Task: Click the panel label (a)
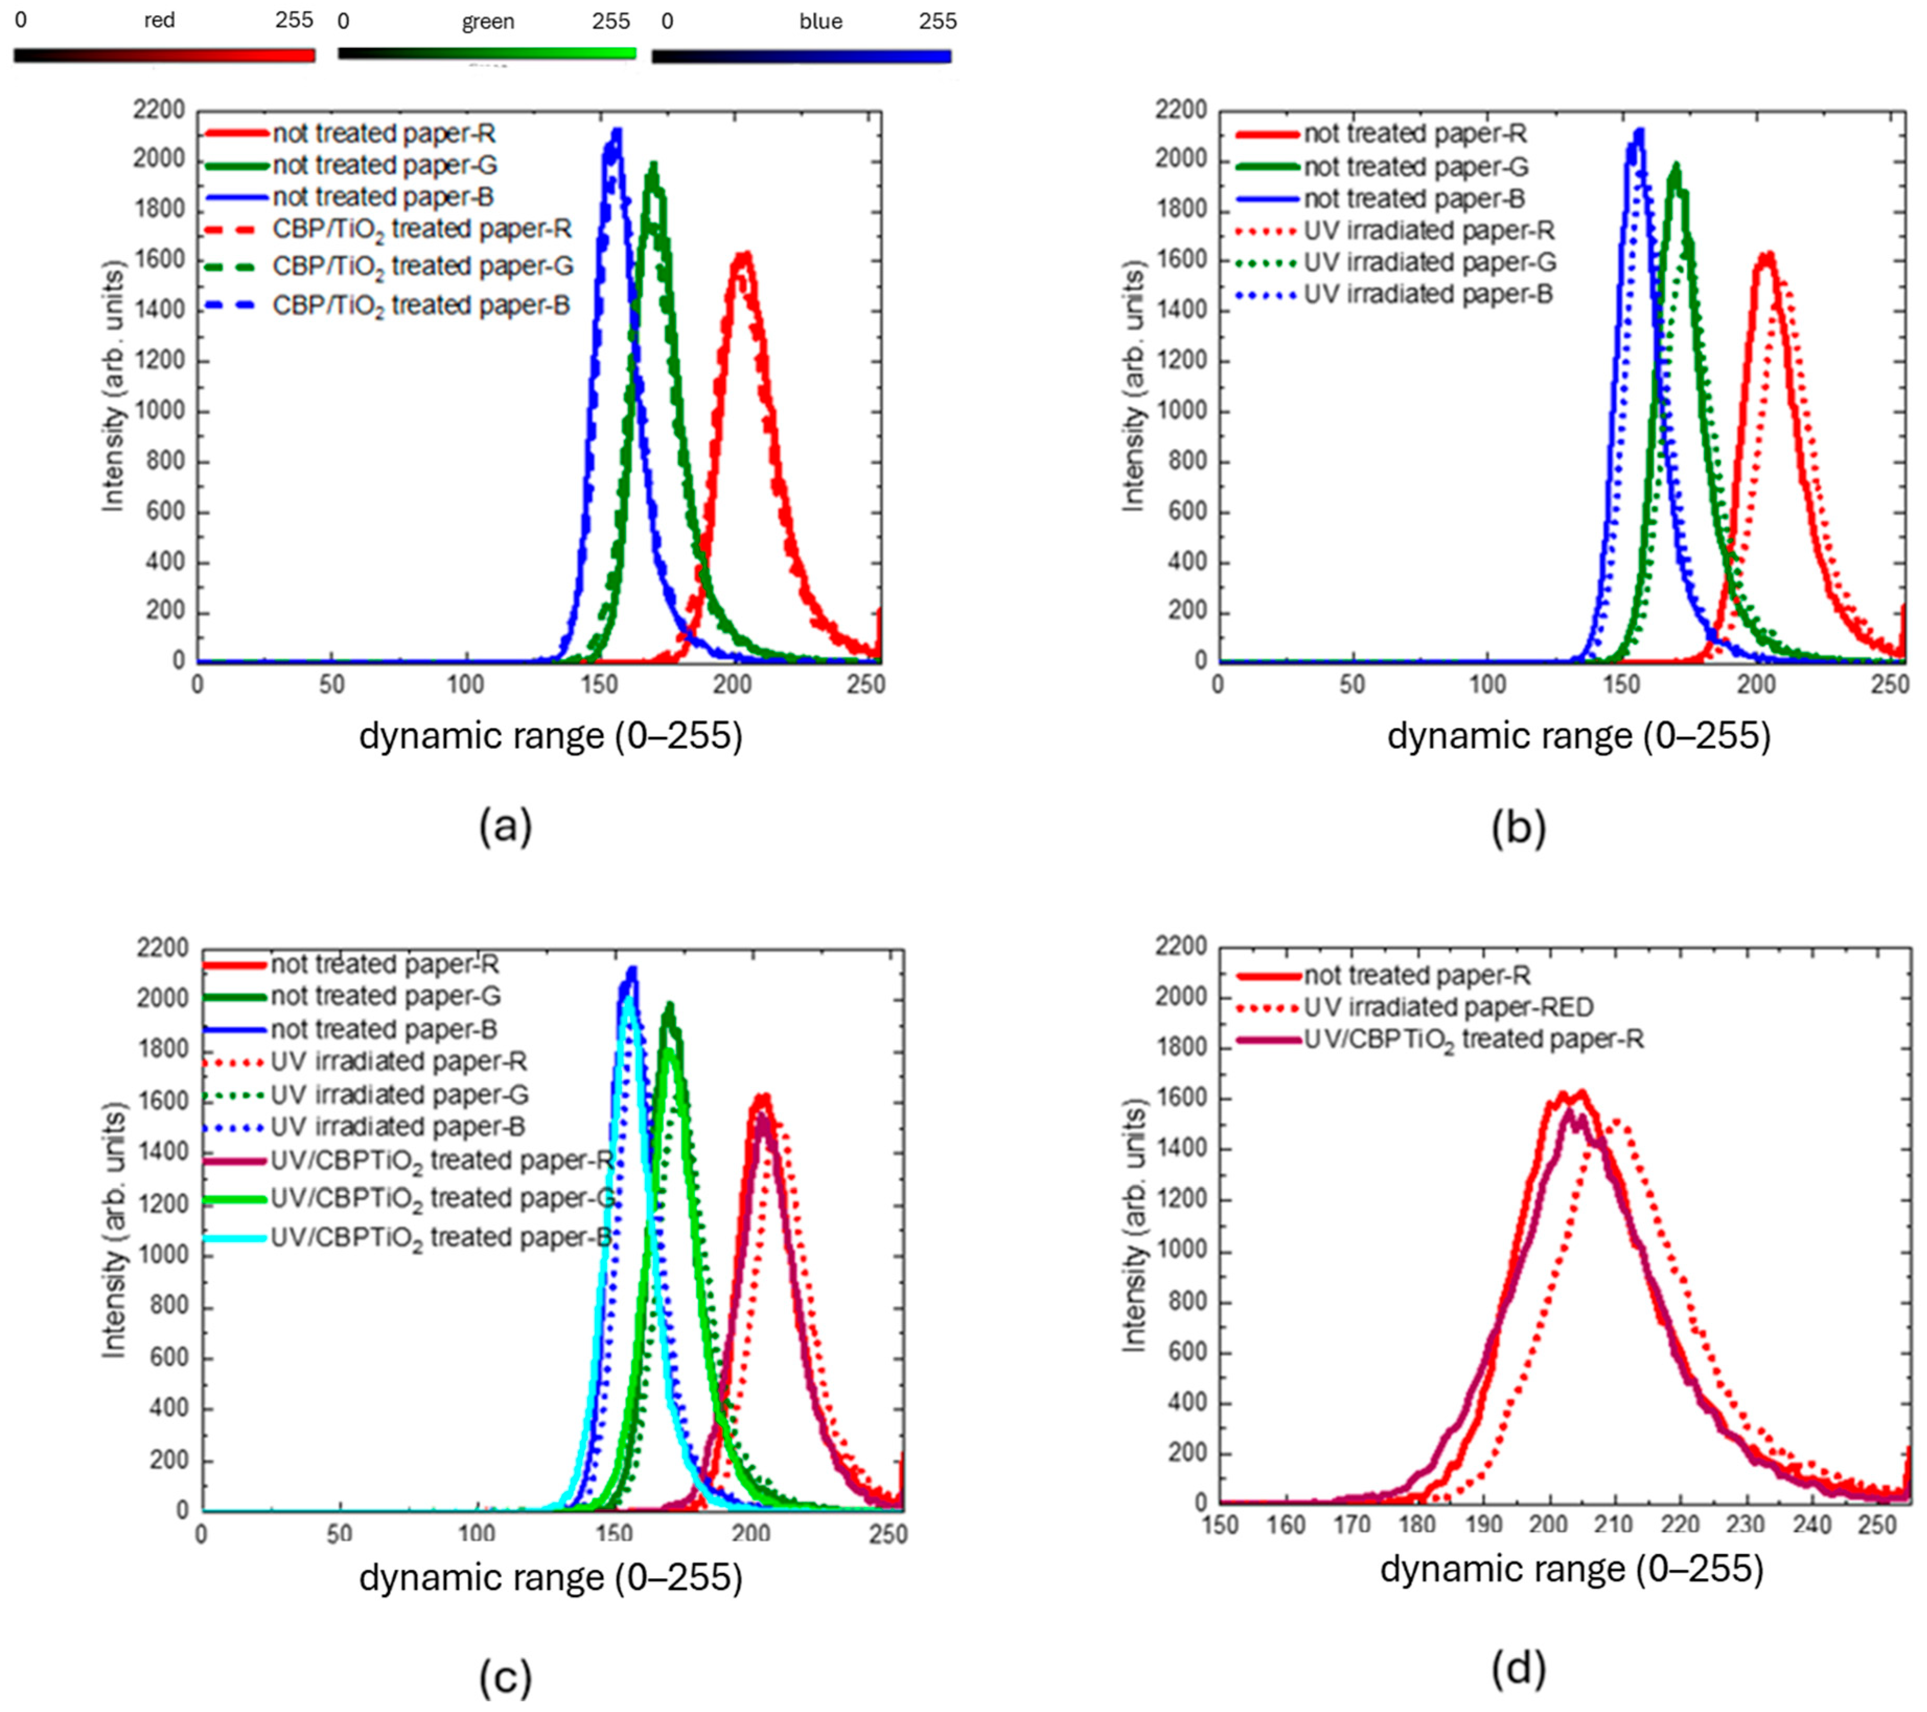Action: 505,828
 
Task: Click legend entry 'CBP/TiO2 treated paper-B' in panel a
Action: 421,306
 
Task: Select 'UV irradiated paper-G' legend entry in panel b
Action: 1429,262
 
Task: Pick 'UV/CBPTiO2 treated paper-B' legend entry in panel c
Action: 440,1238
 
